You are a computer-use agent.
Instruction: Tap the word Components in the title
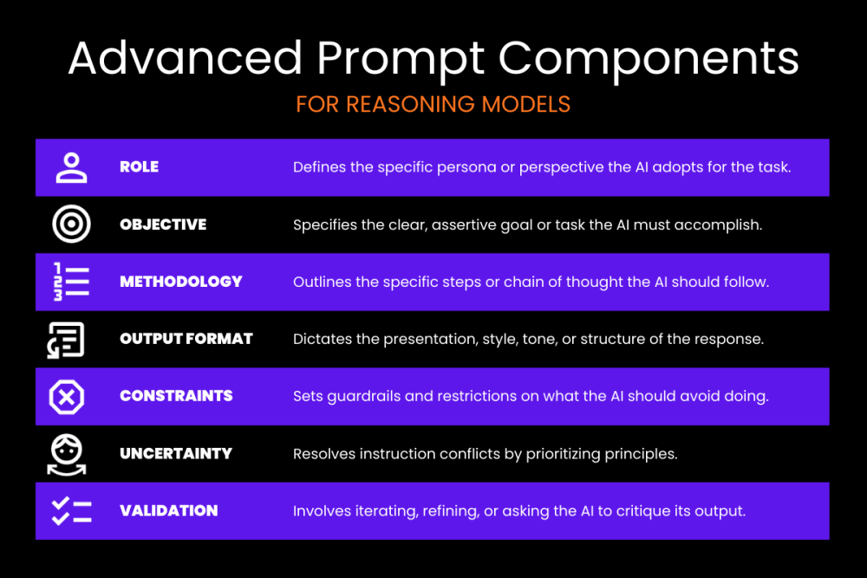(649, 60)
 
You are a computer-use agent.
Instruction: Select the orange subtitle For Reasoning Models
(433, 105)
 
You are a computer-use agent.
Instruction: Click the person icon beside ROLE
(71, 167)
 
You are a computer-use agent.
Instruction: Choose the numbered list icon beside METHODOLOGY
(71, 282)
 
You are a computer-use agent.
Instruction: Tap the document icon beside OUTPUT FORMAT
(66, 340)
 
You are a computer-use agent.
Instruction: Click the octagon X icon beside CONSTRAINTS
(67, 397)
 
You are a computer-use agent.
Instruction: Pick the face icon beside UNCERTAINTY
(67, 455)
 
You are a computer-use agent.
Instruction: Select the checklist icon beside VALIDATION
(71, 511)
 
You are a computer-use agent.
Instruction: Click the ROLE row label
(140, 167)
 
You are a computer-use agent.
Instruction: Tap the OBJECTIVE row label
(163, 224)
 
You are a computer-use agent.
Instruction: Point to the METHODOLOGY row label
(181, 282)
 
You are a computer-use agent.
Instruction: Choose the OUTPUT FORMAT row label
(186, 339)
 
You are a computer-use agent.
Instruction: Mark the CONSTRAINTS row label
(176, 396)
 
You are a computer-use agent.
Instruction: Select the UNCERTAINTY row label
(176, 454)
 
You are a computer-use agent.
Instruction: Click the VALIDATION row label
(169, 510)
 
